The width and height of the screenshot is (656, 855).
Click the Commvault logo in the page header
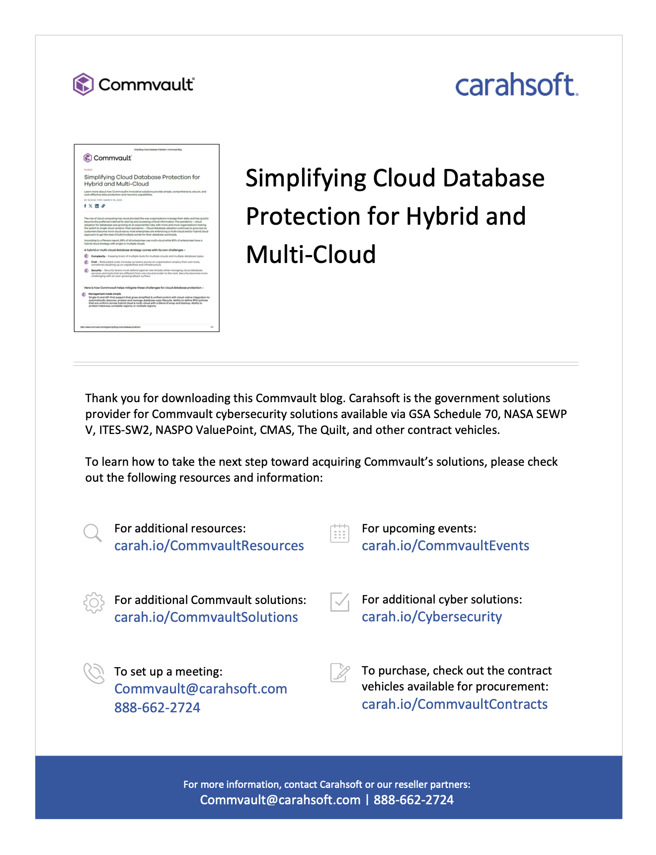(x=133, y=85)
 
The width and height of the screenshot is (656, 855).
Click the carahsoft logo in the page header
(x=516, y=85)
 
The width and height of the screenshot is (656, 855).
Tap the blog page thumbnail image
(x=147, y=238)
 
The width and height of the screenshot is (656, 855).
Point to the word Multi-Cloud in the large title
(x=311, y=255)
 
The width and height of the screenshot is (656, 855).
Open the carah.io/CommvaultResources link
(x=209, y=546)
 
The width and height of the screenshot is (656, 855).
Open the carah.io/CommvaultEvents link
(x=445, y=546)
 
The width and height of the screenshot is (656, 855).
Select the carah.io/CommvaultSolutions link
(x=206, y=617)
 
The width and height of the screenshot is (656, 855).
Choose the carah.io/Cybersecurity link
(x=431, y=617)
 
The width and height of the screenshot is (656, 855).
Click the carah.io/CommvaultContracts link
(x=454, y=704)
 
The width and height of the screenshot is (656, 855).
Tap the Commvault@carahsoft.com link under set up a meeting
(x=200, y=689)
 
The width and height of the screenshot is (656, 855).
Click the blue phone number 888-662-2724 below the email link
(x=157, y=708)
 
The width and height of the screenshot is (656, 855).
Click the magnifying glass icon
(x=92, y=533)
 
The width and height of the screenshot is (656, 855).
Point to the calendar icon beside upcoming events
(x=340, y=533)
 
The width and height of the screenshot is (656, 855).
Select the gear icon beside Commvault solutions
(x=93, y=603)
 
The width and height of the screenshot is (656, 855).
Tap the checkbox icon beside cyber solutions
(x=340, y=602)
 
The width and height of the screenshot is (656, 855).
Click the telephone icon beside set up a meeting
(x=93, y=674)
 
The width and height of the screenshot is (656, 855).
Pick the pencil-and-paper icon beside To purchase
(x=340, y=673)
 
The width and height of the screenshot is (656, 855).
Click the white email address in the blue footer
(x=280, y=800)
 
